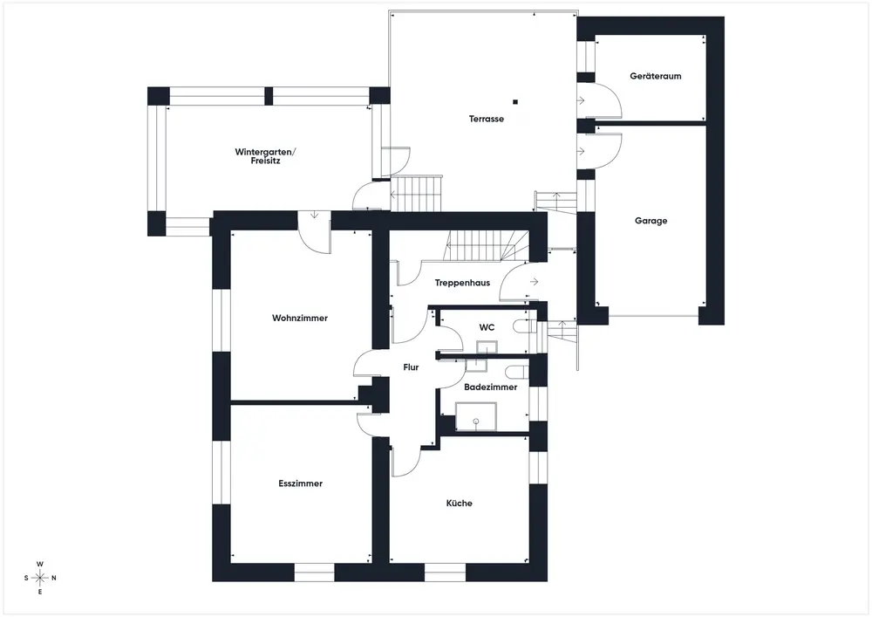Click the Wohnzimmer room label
coord(300,319)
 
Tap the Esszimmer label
coord(300,483)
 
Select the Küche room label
coord(460,503)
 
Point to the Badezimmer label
coord(490,387)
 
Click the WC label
coord(487,327)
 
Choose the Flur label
coord(411,367)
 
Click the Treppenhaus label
coord(462,283)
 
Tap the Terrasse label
coord(486,119)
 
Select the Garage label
coord(651,221)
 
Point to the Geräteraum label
coord(656,76)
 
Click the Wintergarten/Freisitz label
coord(265,156)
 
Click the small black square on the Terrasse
coord(515,102)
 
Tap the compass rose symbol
coord(40,578)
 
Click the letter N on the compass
coord(54,578)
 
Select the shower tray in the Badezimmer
coord(476,416)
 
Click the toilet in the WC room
coord(522,326)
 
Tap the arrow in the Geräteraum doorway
coord(581,100)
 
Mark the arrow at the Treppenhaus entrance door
coord(534,282)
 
